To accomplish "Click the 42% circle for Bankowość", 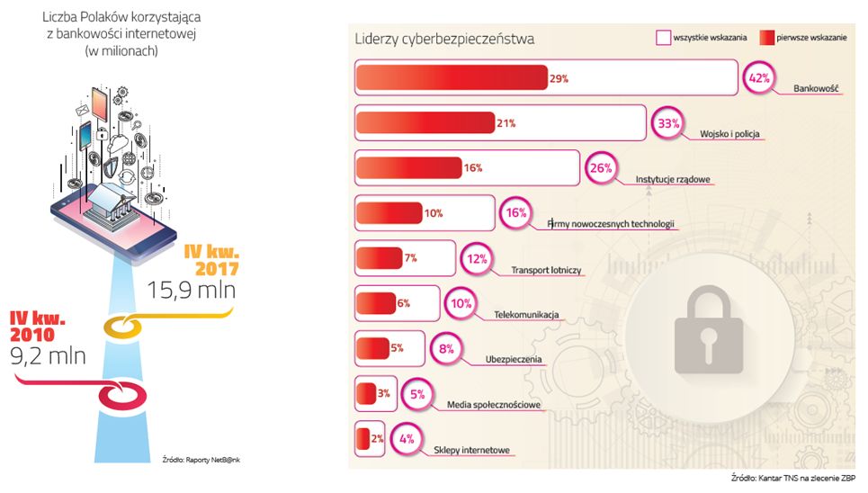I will point(758,78).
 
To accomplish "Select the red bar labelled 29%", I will point(452,78).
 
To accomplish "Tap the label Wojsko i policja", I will point(730,134).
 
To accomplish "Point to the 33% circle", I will point(668,123).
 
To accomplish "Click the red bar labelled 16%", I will point(409,167).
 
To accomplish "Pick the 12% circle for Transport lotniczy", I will point(476,259).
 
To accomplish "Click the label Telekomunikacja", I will point(527,315).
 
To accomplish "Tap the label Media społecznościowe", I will point(494,405).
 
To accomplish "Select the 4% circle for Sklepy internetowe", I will point(407,439).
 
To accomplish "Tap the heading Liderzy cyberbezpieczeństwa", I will point(444,39).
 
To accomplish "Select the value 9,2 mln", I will point(48,354).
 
